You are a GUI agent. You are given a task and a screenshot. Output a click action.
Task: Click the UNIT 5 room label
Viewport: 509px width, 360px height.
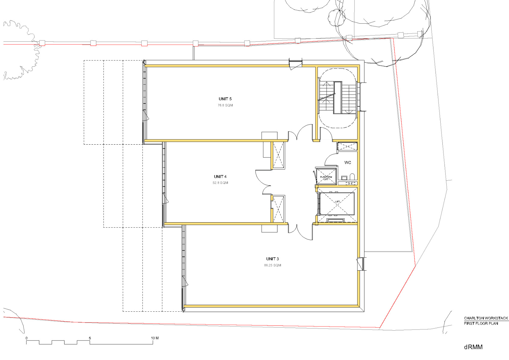pyautogui.click(x=225, y=99)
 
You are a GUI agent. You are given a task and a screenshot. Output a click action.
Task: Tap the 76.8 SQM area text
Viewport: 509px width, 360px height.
pyautogui.click(x=225, y=105)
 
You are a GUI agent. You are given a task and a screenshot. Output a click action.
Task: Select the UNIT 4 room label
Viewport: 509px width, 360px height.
pyautogui.click(x=220, y=177)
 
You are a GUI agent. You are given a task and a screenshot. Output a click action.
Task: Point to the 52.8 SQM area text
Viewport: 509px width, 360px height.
pyautogui.click(x=220, y=183)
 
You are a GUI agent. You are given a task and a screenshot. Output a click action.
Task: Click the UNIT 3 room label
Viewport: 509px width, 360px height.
pyautogui.click(x=272, y=259)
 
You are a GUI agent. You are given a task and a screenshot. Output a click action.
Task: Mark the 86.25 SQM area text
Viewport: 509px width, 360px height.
pyautogui.click(x=272, y=265)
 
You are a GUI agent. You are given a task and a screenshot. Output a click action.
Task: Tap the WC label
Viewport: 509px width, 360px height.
pyautogui.click(x=348, y=163)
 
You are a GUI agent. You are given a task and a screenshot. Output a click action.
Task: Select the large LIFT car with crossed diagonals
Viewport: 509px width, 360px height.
pyautogui.click(x=337, y=204)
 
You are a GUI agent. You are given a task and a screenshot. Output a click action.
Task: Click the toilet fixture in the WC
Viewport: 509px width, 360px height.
pyautogui.click(x=352, y=177)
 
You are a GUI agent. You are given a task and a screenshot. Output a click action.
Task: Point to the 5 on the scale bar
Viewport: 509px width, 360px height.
pyautogui.click(x=90, y=338)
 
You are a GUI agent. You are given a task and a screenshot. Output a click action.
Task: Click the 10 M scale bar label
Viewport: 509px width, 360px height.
pyautogui.click(x=155, y=338)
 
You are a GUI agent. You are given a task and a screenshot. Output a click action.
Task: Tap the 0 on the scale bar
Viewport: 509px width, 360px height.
pyautogui.click(x=27, y=338)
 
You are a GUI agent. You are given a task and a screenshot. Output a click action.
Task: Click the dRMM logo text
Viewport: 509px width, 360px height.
pyautogui.click(x=473, y=347)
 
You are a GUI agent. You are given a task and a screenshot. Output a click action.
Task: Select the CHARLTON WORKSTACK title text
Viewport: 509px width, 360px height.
pyautogui.click(x=486, y=318)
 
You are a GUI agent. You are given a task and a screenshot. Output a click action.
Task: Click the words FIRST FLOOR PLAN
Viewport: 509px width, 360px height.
pyautogui.click(x=481, y=323)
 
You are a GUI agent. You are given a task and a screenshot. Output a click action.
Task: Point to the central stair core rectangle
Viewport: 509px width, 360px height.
pyautogui.click(x=338, y=98)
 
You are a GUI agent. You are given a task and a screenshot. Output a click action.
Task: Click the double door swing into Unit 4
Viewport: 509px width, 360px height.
pyautogui.click(x=263, y=182)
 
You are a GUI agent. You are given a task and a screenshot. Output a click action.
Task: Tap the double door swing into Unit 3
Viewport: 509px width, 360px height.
pyautogui.click(x=301, y=232)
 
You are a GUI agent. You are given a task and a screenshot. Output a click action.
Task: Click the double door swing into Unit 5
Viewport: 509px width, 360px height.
pyautogui.click(x=301, y=132)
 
